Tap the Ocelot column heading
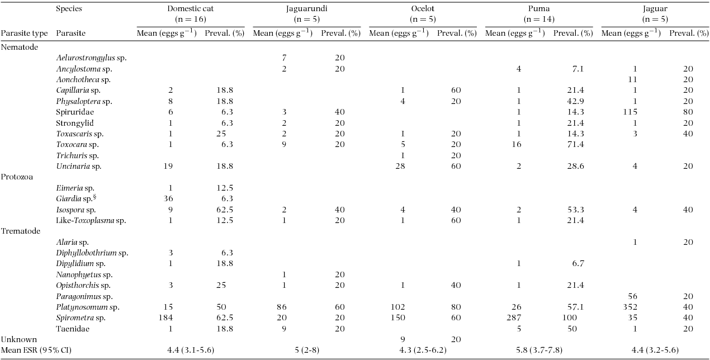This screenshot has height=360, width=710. pyautogui.click(x=422, y=9)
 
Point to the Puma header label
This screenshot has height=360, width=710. pyautogui.click(x=538, y=9)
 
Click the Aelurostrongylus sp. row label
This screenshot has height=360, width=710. pyautogui.click(x=91, y=58)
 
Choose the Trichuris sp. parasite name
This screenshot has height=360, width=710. pyautogui.click(x=77, y=155)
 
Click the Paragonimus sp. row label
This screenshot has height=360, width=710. pyautogui.click(x=84, y=296)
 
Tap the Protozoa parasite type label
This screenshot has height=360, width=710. pyautogui.click(x=17, y=177)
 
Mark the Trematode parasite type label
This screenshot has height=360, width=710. pyautogui.click(x=20, y=231)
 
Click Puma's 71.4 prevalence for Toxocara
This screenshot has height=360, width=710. pyautogui.click(x=575, y=144)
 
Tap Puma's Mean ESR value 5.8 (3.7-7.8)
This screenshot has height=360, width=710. pyautogui.click(x=538, y=350)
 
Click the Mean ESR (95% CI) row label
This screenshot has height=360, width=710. pyautogui.click(x=36, y=350)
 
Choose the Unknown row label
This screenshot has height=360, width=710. pyautogui.click(x=18, y=339)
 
